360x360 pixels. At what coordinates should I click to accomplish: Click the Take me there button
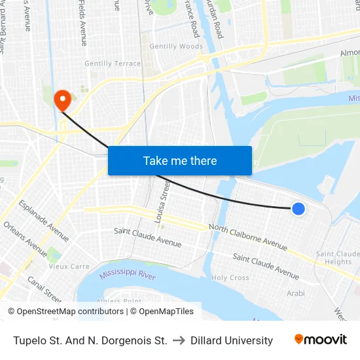click(179, 160)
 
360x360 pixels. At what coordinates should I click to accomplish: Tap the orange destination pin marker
click(63, 100)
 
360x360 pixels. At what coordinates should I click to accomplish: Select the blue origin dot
click(298, 209)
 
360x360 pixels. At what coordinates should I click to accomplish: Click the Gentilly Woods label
click(176, 46)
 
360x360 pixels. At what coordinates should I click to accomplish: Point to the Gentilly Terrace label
click(113, 63)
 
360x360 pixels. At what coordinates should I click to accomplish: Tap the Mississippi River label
click(128, 276)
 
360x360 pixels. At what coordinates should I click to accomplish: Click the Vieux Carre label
click(69, 266)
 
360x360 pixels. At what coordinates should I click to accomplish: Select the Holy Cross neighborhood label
click(230, 278)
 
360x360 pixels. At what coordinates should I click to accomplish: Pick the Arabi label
click(295, 293)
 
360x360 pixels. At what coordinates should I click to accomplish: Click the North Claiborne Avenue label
click(247, 236)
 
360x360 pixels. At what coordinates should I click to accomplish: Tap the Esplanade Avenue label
click(44, 221)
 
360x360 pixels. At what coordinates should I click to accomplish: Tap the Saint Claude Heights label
click(338, 258)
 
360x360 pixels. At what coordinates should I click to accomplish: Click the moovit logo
click(320, 340)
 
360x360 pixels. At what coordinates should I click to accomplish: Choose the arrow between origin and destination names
click(179, 340)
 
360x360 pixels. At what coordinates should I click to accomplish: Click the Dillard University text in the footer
click(232, 340)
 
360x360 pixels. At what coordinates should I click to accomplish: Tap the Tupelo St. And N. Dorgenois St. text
click(90, 340)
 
